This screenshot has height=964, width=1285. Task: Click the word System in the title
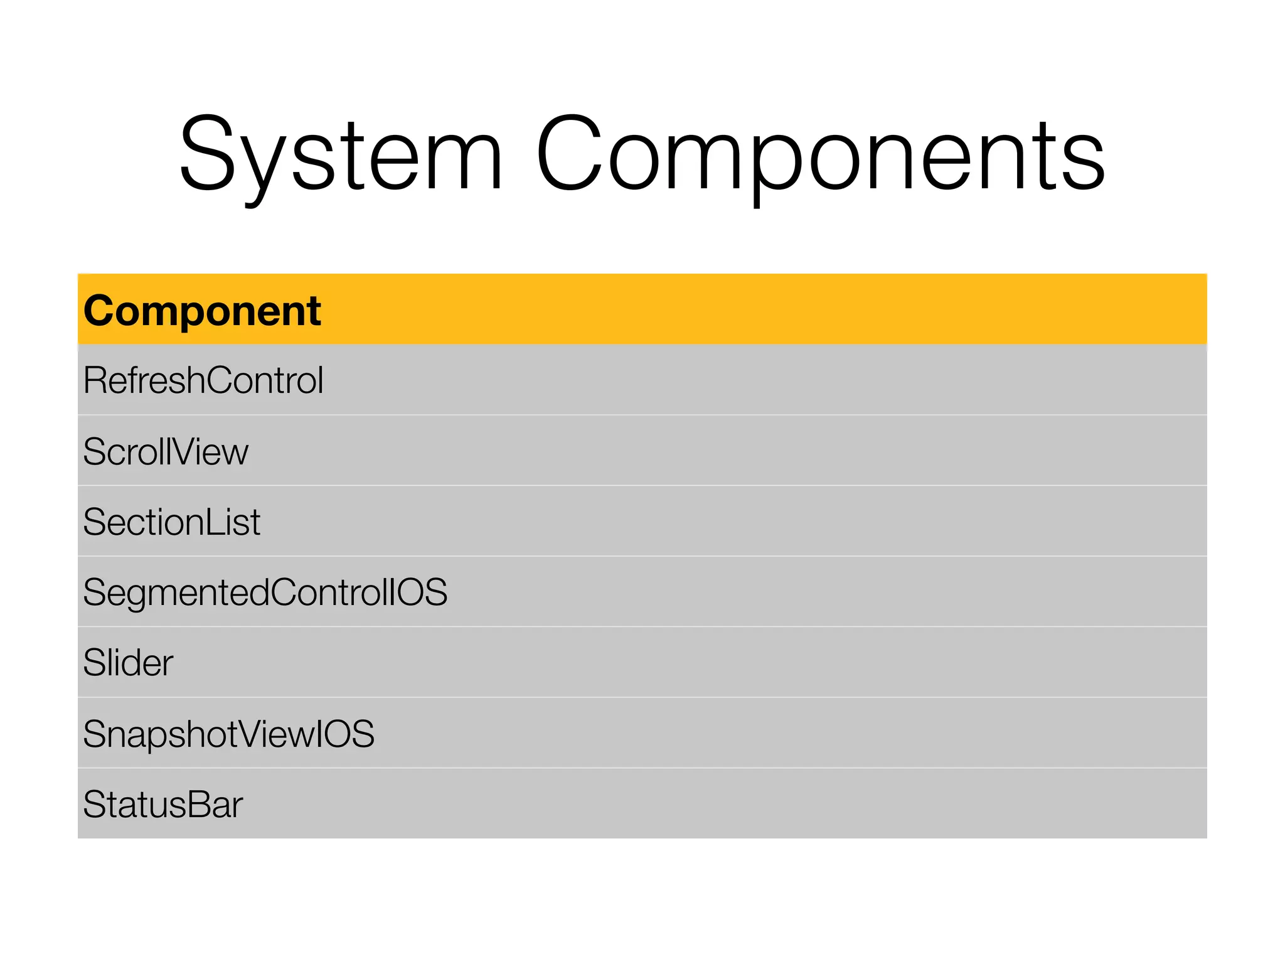point(341,154)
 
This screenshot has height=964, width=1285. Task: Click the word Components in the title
point(820,154)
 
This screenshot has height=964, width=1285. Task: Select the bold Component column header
point(202,311)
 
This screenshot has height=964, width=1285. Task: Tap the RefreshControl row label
point(203,380)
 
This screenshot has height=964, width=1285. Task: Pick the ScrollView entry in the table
point(166,451)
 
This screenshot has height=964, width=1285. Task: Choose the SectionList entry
point(171,522)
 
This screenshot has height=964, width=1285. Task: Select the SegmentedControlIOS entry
point(265,592)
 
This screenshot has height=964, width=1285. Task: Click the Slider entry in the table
point(128,663)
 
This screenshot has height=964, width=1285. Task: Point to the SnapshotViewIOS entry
point(228,734)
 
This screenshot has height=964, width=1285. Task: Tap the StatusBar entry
point(163,805)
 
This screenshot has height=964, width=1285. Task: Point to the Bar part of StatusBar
point(215,805)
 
